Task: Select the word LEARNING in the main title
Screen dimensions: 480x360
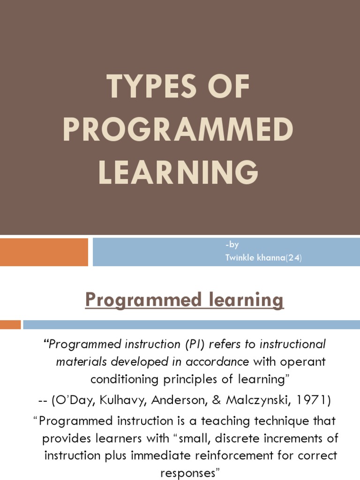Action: click(178, 172)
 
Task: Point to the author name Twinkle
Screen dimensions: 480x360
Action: click(238, 257)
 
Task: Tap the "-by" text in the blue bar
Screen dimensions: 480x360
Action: click(232, 245)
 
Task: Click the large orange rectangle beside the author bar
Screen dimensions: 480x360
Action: click(44, 252)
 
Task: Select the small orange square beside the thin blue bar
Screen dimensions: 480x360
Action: click(10, 324)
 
